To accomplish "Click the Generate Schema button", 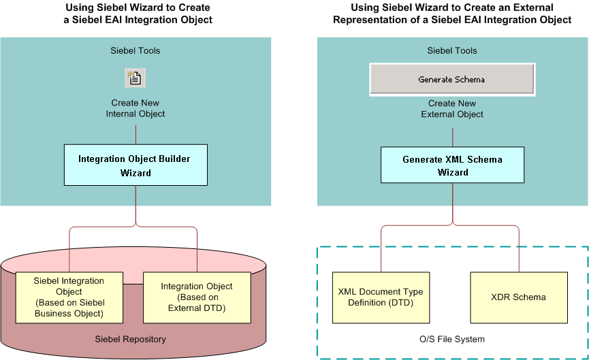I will (451, 80).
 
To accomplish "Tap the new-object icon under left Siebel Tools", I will (135, 78).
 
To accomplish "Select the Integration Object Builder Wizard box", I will (134, 165).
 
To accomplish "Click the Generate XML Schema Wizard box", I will (452, 165).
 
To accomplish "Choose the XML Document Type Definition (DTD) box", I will (381, 297).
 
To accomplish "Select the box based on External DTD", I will (197, 297).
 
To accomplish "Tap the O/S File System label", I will (452, 338).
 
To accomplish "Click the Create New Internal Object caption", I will (135, 108).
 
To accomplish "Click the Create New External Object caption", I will (452, 108).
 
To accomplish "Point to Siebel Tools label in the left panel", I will (135, 50).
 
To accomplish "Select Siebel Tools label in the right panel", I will (452, 50).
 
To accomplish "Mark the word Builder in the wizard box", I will (172, 159).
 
